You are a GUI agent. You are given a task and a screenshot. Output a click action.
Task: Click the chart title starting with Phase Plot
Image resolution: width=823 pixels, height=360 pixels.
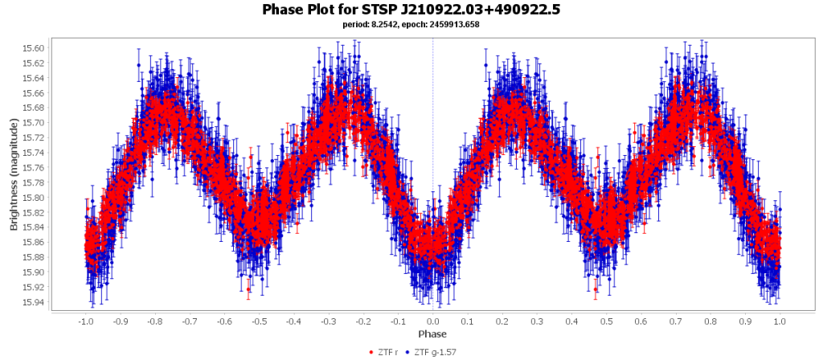point(411,10)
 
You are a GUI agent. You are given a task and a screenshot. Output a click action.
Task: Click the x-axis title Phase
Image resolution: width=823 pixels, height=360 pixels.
point(432,333)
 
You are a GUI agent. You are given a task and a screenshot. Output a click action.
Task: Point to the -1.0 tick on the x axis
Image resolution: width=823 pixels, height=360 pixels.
point(86,320)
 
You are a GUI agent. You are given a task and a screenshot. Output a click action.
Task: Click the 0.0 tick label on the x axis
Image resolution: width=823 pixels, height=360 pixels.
point(433,320)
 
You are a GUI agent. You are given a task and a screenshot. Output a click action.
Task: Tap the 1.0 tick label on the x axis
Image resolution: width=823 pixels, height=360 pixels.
point(780,320)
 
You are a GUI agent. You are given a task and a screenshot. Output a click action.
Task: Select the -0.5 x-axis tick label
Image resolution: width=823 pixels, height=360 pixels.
point(259,320)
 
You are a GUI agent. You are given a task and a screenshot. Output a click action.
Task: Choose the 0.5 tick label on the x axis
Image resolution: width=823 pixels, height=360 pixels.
point(606,320)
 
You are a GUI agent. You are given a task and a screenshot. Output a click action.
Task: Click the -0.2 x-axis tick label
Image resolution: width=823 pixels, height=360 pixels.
point(363,320)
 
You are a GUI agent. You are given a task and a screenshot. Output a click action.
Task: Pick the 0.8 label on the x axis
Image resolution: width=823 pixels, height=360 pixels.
point(710,320)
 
